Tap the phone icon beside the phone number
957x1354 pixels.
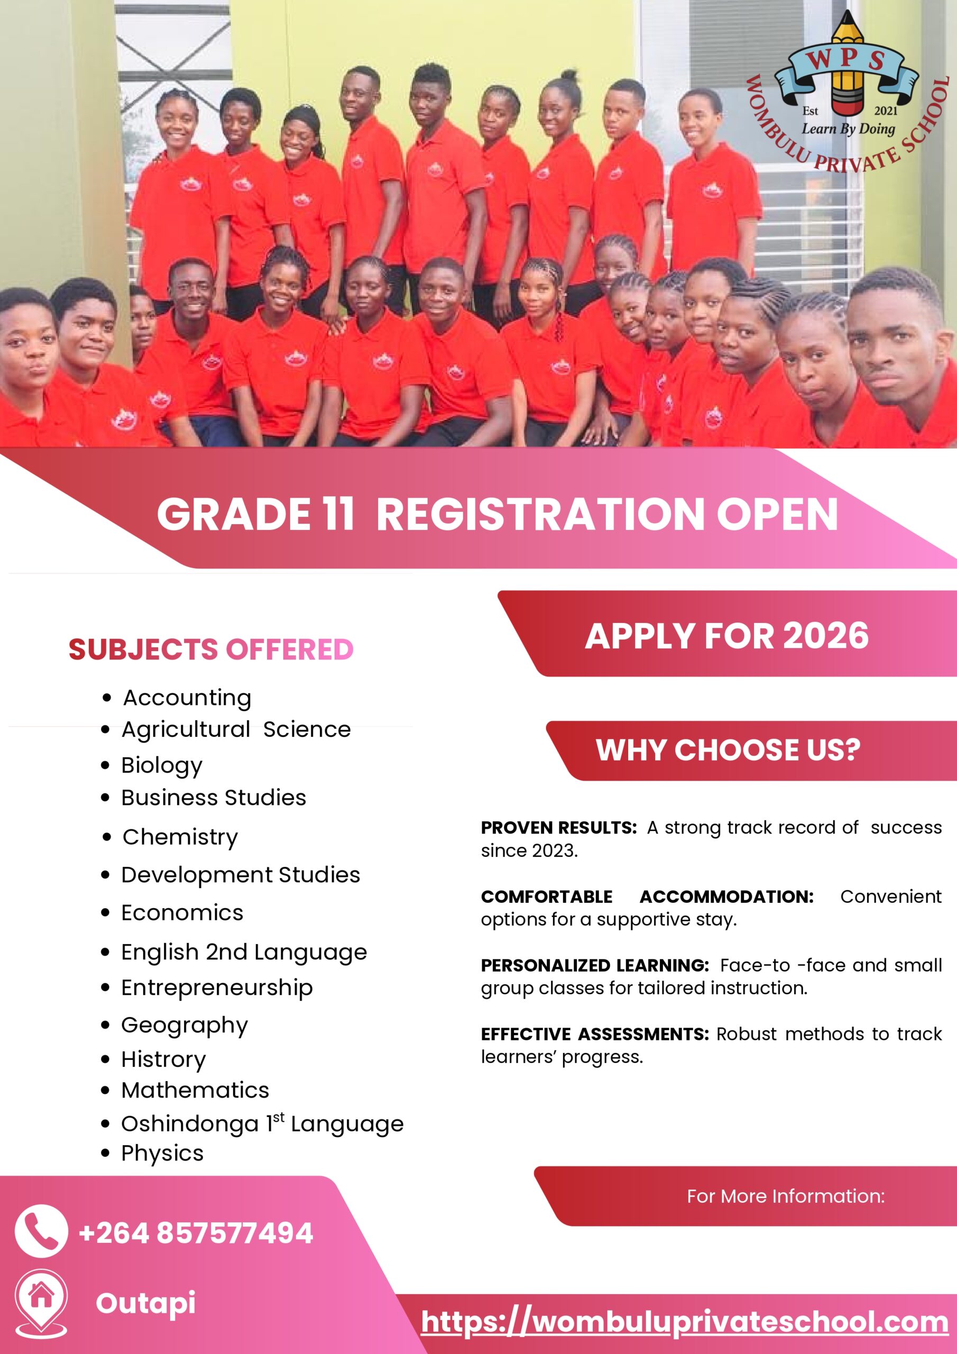41,1231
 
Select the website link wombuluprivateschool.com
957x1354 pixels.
685,1322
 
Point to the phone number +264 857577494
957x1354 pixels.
196,1233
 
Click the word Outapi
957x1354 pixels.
145,1303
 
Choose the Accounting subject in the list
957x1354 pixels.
187,698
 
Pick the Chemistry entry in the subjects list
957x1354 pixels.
180,837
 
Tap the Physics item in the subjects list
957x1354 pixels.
162,1153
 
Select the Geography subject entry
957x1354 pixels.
185,1026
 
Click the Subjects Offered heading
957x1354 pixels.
211,649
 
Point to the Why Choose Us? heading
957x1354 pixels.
728,750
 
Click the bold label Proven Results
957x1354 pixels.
558,827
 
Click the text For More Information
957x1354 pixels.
786,1196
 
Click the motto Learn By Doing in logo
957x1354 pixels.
848,129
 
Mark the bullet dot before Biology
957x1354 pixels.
106,765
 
